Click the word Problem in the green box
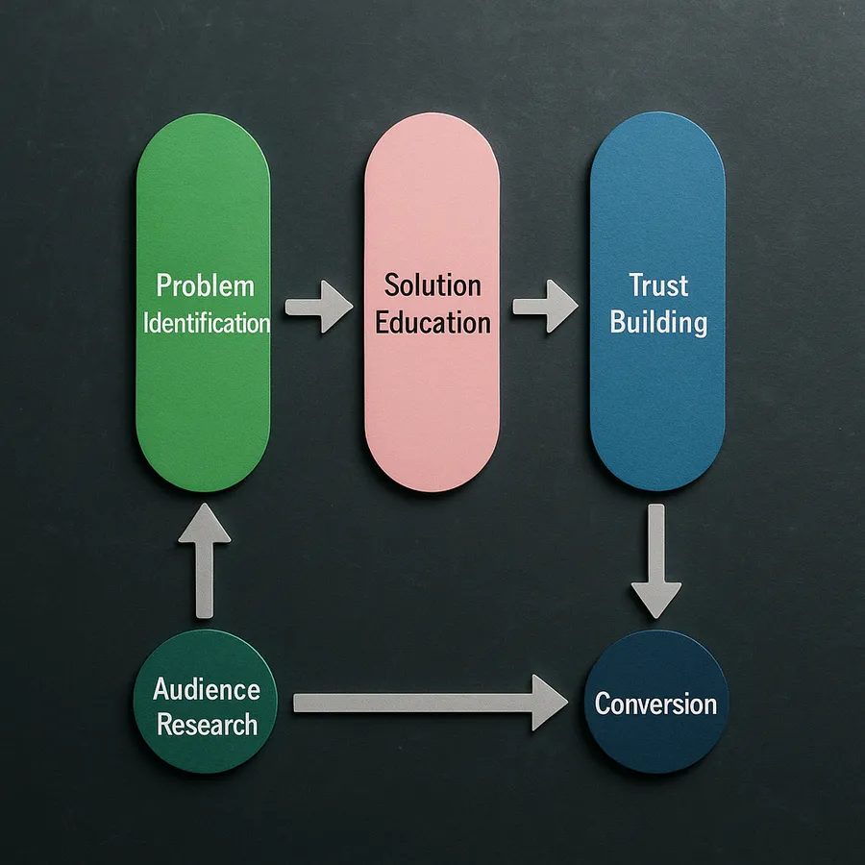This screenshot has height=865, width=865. click(x=205, y=286)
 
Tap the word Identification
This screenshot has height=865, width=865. click(x=206, y=322)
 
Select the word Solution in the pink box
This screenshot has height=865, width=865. click(x=432, y=285)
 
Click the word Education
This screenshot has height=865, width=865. click(x=432, y=322)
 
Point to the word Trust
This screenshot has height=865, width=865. click(x=658, y=285)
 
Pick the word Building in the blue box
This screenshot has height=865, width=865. click(x=658, y=322)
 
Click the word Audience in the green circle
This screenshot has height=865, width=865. click(x=206, y=689)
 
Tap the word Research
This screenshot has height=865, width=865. click(x=207, y=724)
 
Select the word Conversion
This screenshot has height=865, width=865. click(x=655, y=704)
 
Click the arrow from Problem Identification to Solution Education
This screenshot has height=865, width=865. click(x=318, y=308)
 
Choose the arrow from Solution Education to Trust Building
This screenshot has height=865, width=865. click(x=545, y=308)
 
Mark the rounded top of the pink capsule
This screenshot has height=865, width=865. click(x=432, y=135)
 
